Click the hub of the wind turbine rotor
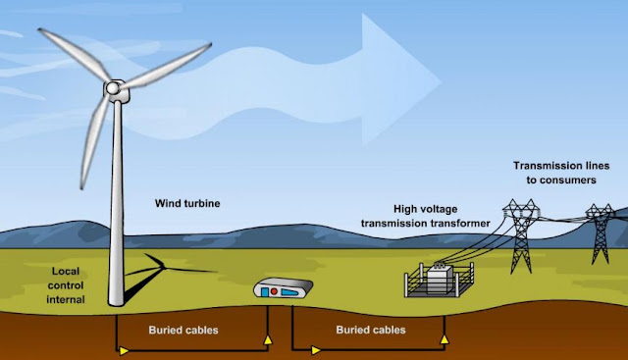tap(113, 87)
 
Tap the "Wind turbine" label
tap(187, 203)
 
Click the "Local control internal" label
tap(66, 285)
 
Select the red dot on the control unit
tap(274, 291)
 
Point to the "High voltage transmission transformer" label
tap(425, 216)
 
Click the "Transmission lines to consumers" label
tap(561, 173)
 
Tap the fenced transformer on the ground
tap(440, 280)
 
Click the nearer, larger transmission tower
tap(521, 235)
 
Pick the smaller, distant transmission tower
tap(600, 233)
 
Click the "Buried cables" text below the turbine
tap(183, 330)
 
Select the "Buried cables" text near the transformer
tap(371, 330)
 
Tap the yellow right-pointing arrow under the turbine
tap(124, 351)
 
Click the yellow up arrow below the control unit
tap(268, 340)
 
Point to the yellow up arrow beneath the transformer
tap(445, 339)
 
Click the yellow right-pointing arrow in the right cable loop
tap(316, 350)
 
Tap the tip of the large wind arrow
tap(442, 82)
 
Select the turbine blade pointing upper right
tap(165, 67)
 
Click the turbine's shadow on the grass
tap(160, 277)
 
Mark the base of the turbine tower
tap(116, 303)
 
